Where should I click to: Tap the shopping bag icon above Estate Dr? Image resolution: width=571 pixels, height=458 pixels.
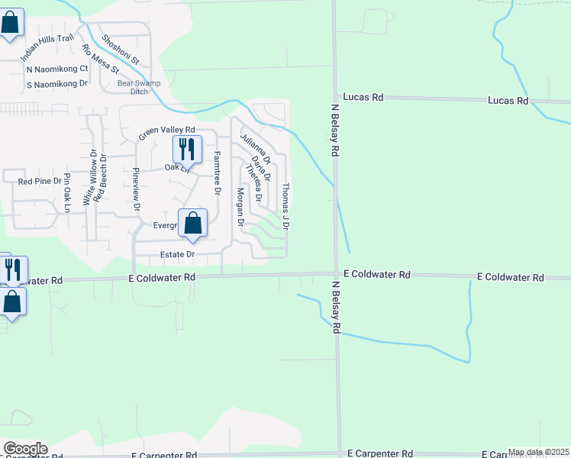pyautogui.click(x=193, y=224)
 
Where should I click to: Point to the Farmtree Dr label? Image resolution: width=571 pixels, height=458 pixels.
pyautogui.click(x=217, y=173)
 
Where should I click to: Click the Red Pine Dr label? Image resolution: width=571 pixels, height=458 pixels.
pyautogui.click(x=39, y=182)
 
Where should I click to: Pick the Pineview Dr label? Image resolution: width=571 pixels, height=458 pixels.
pyautogui.click(x=137, y=189)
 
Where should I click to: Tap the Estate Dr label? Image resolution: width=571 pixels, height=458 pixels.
pyautogui.click(x=178, y=254)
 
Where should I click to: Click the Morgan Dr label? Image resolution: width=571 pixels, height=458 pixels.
pyautogui.click(x=240, y=208)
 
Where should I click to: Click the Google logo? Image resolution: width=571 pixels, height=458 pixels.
pyautogui.click(x=24, y=449)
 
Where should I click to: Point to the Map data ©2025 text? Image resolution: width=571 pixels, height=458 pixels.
pyautogui.click(x=538, y=452)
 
